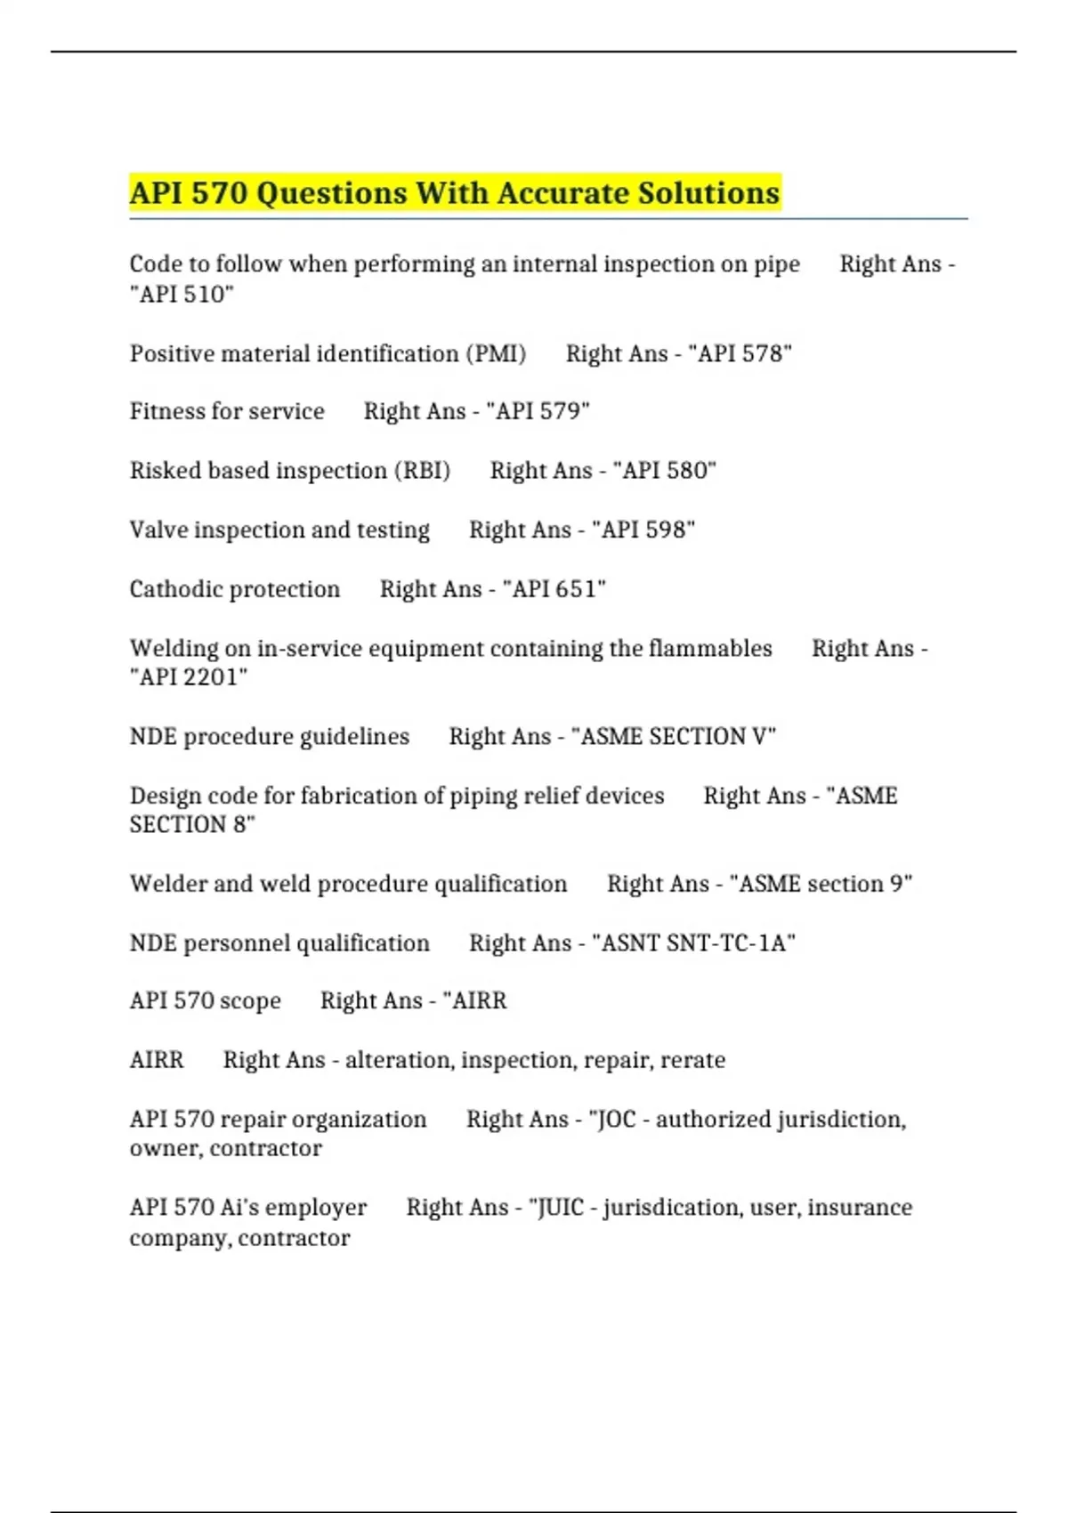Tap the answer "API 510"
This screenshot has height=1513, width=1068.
click(x=182, y=294)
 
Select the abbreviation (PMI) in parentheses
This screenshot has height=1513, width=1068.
click(x=496, y=353)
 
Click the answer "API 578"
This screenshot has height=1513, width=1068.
click(x=740, y=353)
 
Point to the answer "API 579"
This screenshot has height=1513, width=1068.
click(x=538, y=411)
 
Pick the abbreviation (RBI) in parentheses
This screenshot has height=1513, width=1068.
click(x=422, y=470)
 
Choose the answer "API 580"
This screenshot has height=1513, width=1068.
click(x=665, y=470)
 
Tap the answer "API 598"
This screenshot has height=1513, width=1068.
click(x=643, y=530)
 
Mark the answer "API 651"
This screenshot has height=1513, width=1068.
click(x=554, y=589)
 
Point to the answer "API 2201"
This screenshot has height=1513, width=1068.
click(x=189, y=677)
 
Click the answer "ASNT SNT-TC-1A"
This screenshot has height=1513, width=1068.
click(x=694, y=943)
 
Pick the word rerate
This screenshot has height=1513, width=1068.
click(x=692, y=1060)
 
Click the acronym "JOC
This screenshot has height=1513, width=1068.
click(x=613, y=1119)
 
